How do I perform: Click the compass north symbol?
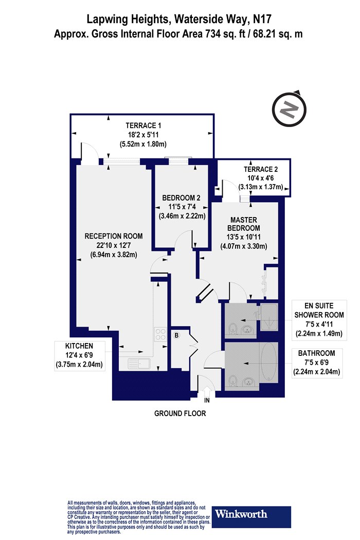click(290, 110)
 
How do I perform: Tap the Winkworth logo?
click(251, 516)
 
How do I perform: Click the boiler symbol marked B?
click(176, 335)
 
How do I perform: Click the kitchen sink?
click(138, 364)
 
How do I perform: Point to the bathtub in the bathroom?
click(268, 363)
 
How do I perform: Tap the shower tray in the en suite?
click(268, 317)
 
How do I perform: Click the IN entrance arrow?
click(207, 392)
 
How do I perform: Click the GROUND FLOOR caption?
click(180, 413)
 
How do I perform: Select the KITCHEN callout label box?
click(79, 355)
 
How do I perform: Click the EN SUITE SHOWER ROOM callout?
click(319, 320)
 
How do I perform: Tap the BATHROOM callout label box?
click(317, 363)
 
